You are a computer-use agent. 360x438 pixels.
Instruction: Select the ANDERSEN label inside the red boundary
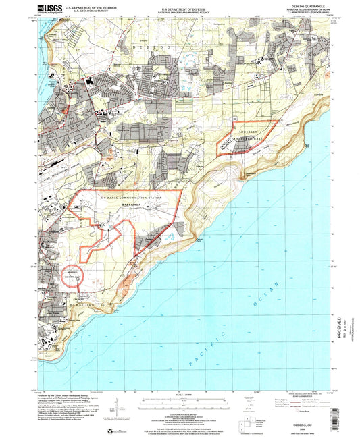click(x=247, y=130)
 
